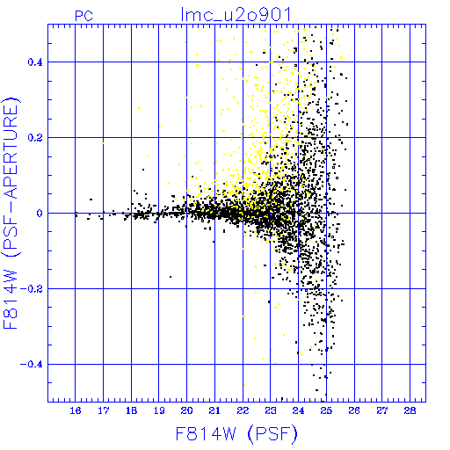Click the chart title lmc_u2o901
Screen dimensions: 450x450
[x=236, y=14]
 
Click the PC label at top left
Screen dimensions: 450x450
[x=83, y=16]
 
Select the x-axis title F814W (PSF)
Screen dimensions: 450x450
[x=236, y=433]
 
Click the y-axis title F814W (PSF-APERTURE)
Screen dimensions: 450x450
[x=11, y=213]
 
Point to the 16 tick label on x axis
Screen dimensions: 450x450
[x=76, y=410]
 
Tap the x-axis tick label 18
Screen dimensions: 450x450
[x=131, y=410]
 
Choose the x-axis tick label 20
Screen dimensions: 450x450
[x=186, y=410]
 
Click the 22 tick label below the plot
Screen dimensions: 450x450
[x=243, y=410]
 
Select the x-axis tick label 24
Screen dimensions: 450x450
[x=298, y=410]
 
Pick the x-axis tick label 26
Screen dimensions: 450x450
[x=354, y=410]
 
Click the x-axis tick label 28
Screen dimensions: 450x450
[x=410, y=410]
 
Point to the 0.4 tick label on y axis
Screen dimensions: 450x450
[x=35, y=62]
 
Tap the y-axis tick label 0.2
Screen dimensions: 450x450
[x=35, y=138]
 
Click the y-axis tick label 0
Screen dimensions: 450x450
[x=40, y=214]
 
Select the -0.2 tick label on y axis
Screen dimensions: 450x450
[x=32, y=289]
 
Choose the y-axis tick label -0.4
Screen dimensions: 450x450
[x=32, y=365]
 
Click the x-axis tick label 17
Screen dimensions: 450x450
[x=103, y=410]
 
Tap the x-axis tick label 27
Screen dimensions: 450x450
[x=382, y=410]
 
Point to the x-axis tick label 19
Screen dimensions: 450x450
[x=159, y=410]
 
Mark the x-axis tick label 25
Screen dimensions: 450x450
[x=326, y=410]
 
